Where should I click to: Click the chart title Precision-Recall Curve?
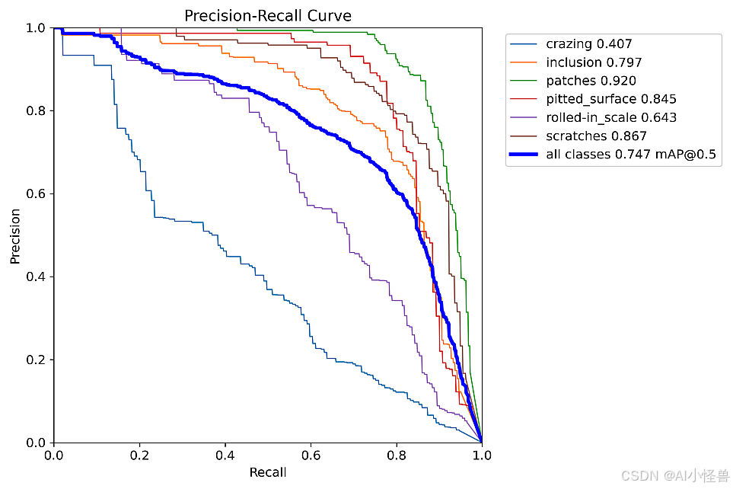[x=268, y=15]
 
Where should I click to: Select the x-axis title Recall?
[x=268, y=472]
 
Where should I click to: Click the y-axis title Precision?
[x=15, y=235]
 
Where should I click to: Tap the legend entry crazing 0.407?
[x=588, y=44]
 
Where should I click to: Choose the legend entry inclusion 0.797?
[x=594, y=62]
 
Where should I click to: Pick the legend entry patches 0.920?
[x=591, y=81]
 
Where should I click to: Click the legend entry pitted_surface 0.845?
[x=610, y=99]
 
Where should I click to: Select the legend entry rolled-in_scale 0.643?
[x=610, y=117]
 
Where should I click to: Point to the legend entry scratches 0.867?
[x=596, y=136]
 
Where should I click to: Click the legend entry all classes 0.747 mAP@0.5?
[x=631, y=155]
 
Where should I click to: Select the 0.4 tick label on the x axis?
[x=225, y=455]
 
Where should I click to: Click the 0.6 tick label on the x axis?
[x=311, y=455]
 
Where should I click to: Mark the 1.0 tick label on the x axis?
[x=481, y=455]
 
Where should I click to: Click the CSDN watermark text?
[x=674, y=476]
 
